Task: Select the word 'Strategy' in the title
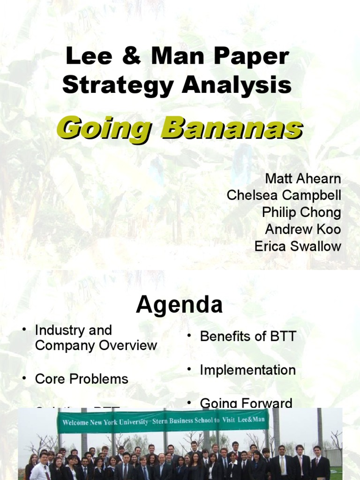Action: (119, 86)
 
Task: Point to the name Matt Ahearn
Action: (303, 179)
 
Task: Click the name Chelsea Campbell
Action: (284, 196)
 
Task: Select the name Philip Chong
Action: (301, 213)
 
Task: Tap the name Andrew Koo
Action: (303, 230)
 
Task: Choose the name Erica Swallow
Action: (298, 247)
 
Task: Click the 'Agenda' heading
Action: (180, 306)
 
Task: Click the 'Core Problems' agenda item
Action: (82, 379)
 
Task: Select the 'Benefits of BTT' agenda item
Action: (248, 337)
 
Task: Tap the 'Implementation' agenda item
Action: (247, 370)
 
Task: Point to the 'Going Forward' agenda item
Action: (246, 402)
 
